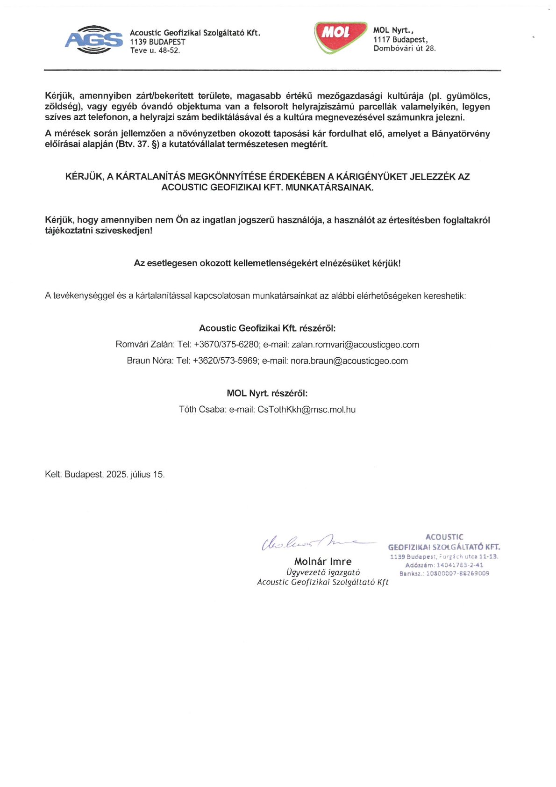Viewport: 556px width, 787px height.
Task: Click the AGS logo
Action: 94,39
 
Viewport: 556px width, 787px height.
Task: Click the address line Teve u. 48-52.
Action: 155,51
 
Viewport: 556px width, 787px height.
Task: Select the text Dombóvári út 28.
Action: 404,48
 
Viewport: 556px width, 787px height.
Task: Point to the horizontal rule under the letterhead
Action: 272,70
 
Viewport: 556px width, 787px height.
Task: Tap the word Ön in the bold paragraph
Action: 181,220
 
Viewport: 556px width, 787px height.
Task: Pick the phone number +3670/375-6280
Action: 226,345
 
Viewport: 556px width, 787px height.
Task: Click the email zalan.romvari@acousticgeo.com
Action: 355,345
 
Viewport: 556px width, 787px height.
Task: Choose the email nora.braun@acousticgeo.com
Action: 349,361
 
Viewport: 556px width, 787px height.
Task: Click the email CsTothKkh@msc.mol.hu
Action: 306,410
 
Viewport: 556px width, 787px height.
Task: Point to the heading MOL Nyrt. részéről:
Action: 267,393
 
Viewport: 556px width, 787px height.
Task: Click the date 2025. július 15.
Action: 135,475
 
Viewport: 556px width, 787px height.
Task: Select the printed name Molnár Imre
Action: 322,562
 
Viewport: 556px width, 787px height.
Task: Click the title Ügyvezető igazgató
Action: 322,572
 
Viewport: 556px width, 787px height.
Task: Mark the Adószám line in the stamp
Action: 444,565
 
